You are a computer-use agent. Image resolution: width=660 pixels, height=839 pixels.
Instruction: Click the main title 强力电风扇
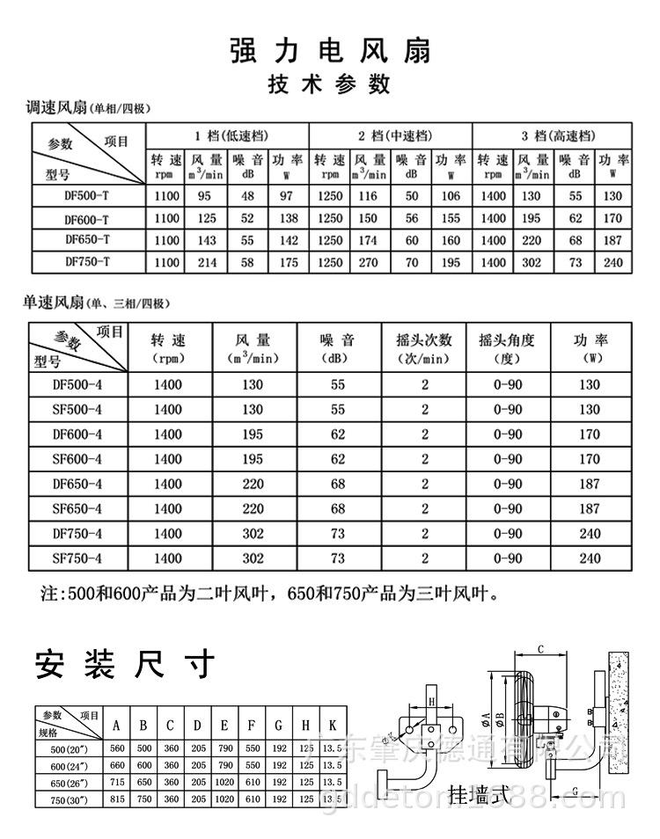pos(330,50)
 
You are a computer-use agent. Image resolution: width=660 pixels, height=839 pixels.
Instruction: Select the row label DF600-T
pos(87,219)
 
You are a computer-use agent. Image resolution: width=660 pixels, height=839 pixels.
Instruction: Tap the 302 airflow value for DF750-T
pos(532,262)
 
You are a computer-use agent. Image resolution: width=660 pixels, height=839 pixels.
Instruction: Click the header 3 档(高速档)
pos(558,135)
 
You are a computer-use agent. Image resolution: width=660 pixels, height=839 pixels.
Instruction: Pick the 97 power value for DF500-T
pos(286,195)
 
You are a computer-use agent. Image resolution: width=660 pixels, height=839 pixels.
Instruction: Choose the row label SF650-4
pos(77,508)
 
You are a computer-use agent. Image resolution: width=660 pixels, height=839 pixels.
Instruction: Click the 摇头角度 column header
pos(506,340)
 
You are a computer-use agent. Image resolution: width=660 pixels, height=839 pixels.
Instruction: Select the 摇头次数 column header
pos(424,340)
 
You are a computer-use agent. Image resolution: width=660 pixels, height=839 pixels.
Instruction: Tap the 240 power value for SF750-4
pos(590,558)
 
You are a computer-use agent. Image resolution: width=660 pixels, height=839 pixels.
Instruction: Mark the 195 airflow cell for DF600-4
pos(253,434)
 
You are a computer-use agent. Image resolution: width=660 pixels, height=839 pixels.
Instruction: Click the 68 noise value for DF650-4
pos(338,484)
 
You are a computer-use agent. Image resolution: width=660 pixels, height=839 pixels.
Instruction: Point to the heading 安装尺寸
pos(124,665)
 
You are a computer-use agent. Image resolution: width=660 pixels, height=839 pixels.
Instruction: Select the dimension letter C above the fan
pos(541,649)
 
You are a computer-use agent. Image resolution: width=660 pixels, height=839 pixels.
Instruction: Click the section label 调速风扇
pos(55,109)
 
